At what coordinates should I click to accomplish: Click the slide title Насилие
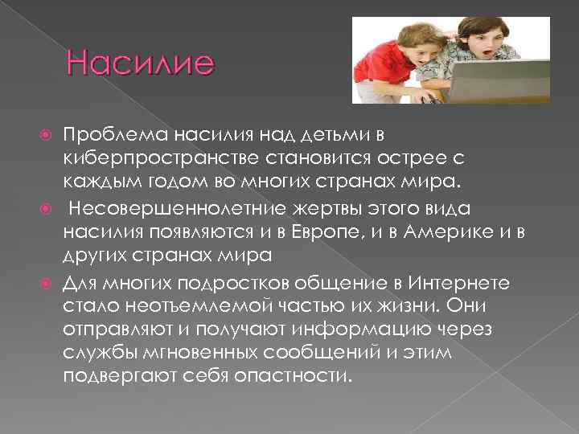coord(142,63)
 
